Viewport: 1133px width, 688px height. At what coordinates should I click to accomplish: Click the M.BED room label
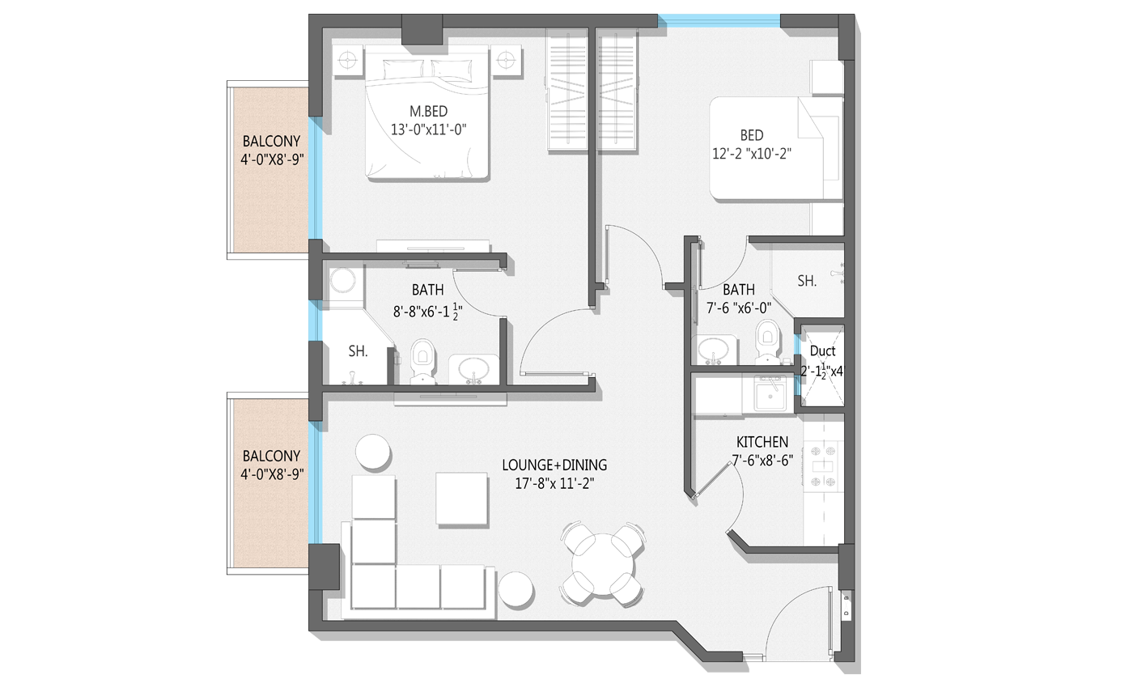click(x=428, y=112)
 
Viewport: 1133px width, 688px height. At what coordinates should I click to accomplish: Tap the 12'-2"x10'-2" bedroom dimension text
click(x=752, y=153)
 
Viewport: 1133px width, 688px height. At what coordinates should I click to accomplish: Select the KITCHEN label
click(x=762, y=442)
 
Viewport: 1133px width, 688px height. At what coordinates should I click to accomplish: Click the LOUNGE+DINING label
click(x=554, y=465)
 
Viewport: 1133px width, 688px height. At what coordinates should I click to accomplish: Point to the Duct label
click(x=822, y=350)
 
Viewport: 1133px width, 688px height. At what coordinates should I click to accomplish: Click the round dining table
click(x=602, y=563)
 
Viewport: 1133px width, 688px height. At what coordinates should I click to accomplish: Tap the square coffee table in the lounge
click(x=462, y=499)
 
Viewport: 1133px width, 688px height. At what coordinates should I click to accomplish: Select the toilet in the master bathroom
click(x=422, y=361)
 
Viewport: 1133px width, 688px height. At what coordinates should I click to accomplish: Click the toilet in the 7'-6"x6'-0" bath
click(x=768, y=342)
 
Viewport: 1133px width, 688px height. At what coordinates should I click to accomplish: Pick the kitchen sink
click(x=770, y=393)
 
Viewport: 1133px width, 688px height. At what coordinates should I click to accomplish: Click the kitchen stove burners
click(x=824, y=466)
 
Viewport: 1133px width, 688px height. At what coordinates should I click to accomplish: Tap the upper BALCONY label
click(x=271, y=141)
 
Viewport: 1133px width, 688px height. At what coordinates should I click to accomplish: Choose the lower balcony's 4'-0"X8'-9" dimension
click(x=272, y=474)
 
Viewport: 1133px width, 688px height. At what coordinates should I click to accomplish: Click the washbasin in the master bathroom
click(x=474, y=369)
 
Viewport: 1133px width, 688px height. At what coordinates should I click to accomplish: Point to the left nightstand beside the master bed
click(x=348, y=61)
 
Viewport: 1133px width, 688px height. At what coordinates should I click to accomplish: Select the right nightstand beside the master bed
click(x=506, y=61)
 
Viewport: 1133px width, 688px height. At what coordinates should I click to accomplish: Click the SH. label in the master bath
click(x=358, y=351)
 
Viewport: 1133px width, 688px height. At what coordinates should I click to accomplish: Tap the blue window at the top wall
click(x=719, y=21)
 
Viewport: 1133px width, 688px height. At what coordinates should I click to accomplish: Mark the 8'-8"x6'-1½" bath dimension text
click(x=428, y=312)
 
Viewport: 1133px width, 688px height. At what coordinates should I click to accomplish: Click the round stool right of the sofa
click(x=516, y=589)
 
